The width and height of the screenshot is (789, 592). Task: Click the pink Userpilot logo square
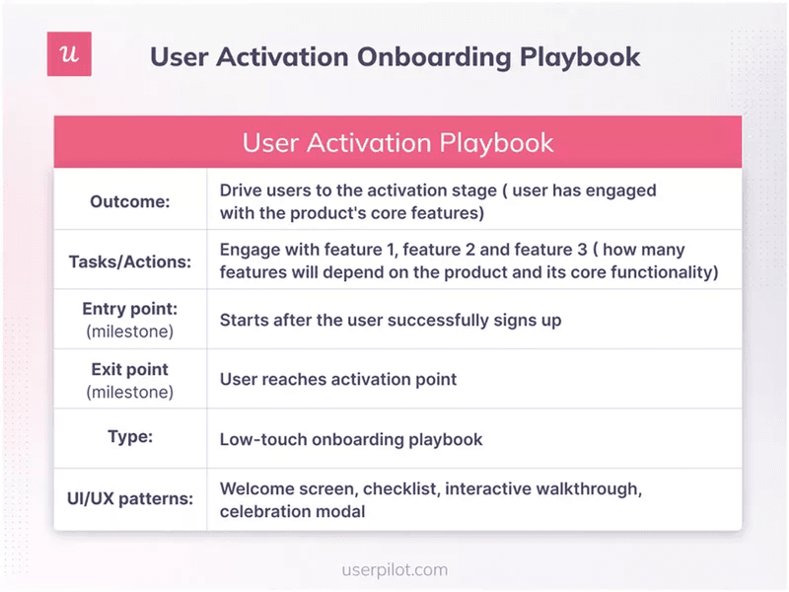click(69, 53)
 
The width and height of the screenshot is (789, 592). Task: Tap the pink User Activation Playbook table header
click(397, 142)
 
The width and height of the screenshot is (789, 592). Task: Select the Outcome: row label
click(130, 201)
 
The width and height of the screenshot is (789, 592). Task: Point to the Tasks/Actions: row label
click(130, 261)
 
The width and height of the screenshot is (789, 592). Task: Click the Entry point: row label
click(130, 309)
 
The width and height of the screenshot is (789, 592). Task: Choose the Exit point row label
click(130, 369)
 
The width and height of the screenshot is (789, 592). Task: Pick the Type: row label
click(130, 437)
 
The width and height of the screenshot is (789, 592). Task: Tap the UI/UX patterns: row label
click(130, 498)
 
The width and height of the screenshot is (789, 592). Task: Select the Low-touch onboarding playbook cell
click(351, 439)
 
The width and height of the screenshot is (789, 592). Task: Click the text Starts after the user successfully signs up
click(377, 320)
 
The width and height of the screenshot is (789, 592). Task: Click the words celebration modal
click(292, 511)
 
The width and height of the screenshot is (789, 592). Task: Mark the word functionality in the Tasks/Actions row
click(661, 272)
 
